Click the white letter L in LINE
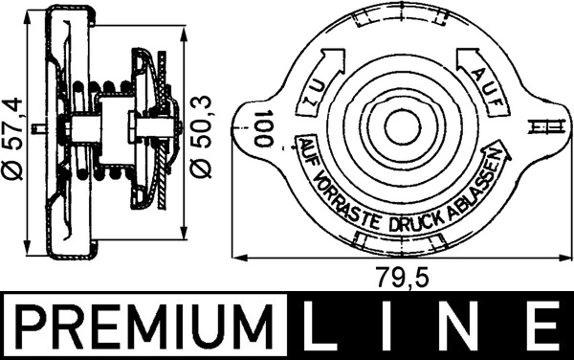point(326,327)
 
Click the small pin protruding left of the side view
point(36,126)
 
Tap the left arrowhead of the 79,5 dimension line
point(239,258)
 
